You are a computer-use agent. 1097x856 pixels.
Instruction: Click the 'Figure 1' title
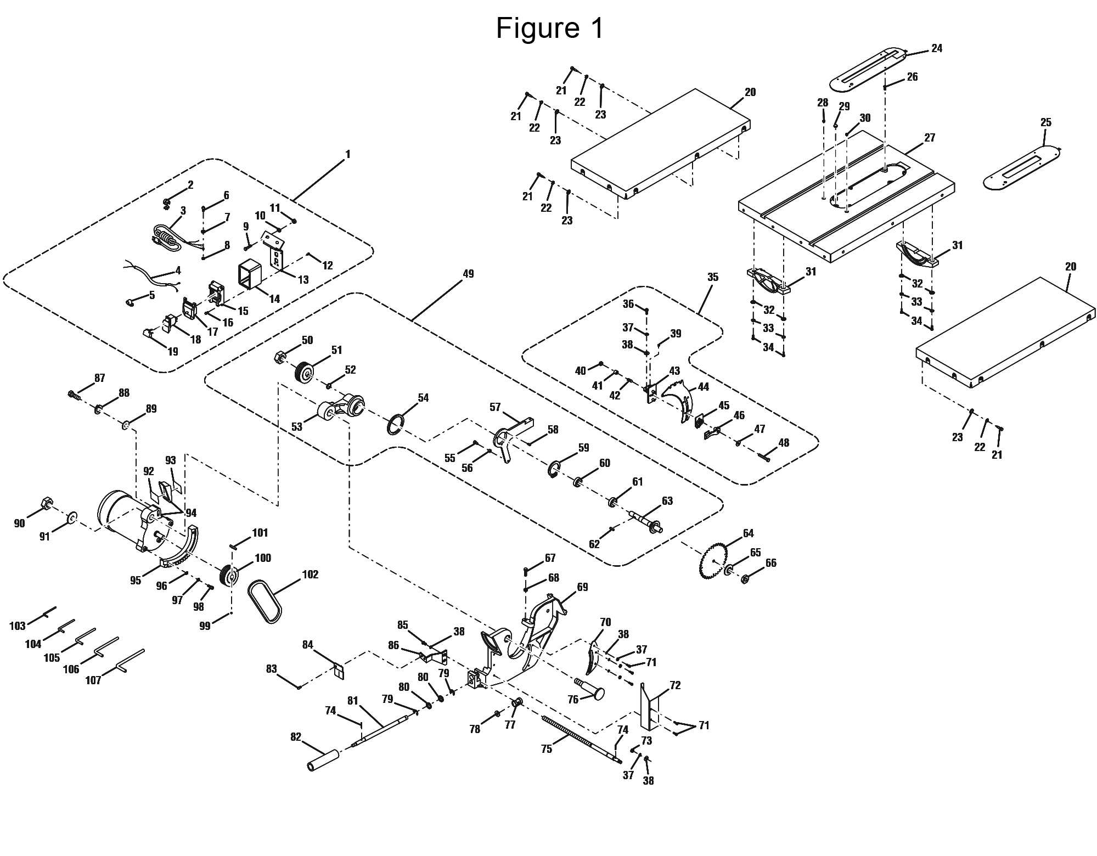click(x=549, y=29)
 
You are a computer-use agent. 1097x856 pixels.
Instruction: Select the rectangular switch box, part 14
click(x=250, y=273)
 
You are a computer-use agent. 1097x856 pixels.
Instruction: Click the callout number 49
click(x=468, y=273)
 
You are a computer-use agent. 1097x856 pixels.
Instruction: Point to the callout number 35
click(x=712, y=277)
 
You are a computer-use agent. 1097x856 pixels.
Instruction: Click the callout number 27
click(x=929, y=138)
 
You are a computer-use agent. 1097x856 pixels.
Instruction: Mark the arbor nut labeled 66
click(x=745, y=578)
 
